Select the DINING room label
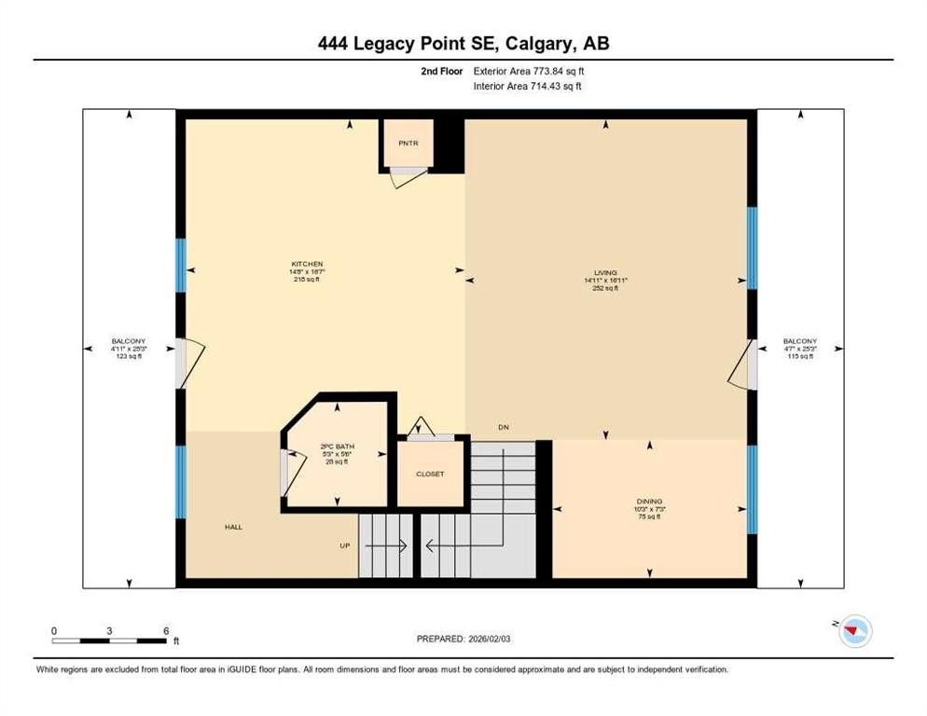pos(650,502)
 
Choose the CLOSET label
pos(430,475)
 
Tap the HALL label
pos(233,528)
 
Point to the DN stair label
pos(503,428)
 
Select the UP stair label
pos(344,545)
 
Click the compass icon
pos(853,632)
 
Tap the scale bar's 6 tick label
pos(166,631)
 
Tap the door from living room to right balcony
pos(742,365)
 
